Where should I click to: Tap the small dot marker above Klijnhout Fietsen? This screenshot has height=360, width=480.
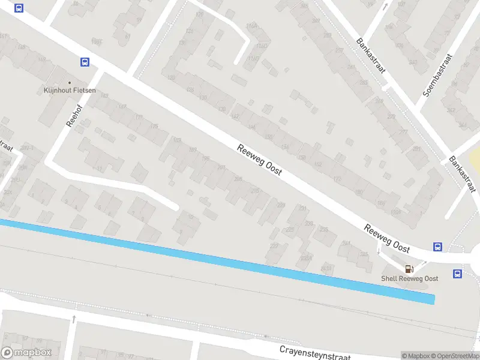click(70, 83)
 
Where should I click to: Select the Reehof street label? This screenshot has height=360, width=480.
click(74, 112)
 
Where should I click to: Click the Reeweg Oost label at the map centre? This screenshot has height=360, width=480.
click(259, 161)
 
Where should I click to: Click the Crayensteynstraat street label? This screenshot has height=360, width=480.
click(315, 352)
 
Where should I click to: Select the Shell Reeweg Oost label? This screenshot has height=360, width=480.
click(410, 278)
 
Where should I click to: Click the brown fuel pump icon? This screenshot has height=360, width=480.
click(409, 269)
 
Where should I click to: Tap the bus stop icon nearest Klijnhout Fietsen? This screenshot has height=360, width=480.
click(85, 62)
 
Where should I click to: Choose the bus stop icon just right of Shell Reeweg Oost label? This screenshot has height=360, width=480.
click(457, 274)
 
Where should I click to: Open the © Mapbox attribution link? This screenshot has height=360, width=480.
click(416, 356)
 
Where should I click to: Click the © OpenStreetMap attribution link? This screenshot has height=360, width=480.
click(455, 356)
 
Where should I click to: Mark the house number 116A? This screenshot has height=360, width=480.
click(253, 27)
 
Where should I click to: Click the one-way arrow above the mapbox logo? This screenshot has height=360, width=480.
click(75, 319)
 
